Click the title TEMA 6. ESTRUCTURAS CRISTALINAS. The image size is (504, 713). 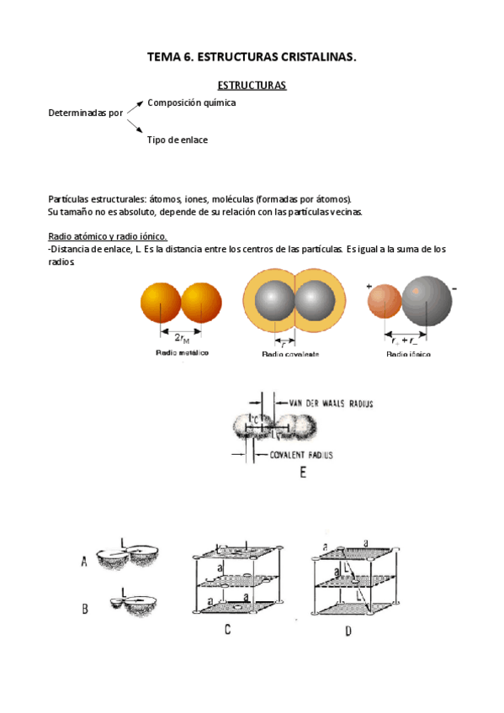point(252,57)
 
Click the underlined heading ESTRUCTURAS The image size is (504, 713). point(252,86)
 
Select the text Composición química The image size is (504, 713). point(191,103)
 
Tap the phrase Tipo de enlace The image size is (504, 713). point(177,140)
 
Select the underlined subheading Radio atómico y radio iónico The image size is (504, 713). point(108,236)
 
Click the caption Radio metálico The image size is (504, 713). point(182,352)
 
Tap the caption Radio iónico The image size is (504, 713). point(408,354)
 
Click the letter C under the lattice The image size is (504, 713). point(227,629)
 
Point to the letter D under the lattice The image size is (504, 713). point(347,631)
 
